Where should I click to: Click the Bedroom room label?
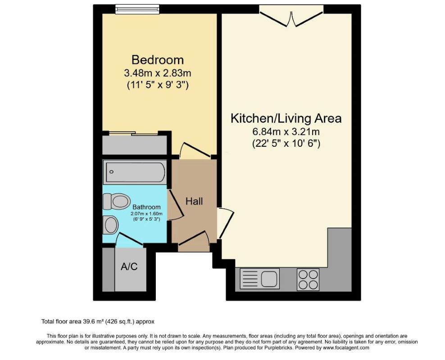pyautogui.click(x=157, y=59)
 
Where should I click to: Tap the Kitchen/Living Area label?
pyautogui.click(x=286, y=118)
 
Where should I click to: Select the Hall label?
pyautogui.click(x=194, y=201)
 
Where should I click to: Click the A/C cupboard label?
pyautogui.click(x=129, y=266)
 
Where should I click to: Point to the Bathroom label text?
pyautogui.click(x=147, y=207)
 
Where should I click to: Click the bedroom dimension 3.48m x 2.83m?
pyautogui.click(x=157, y=73)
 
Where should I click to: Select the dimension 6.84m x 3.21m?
pyautogui.click(x=286, y=132)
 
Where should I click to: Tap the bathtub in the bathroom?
pyautogui.click(x=135, y=171)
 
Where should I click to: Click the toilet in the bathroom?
pyautogui.click(x=115, y=201)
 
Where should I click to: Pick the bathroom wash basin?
pyautogui.click(x=110, y=224)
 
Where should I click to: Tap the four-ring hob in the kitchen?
pyautogui.click(x=308, y=279)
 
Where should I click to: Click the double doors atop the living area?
pyautogui.click(x=291, y=17)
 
